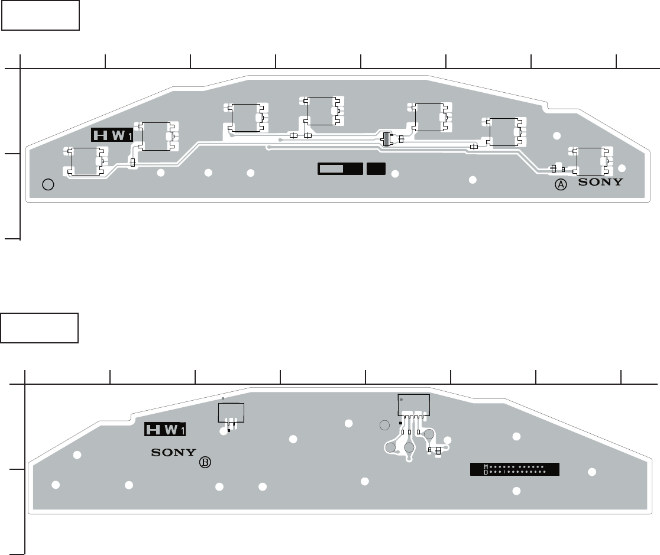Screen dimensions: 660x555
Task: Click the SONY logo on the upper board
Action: (600, 182)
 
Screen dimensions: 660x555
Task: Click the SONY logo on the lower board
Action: (173, 453)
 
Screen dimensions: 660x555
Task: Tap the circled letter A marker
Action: (560, 185)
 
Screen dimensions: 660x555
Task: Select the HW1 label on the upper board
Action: (112, 135)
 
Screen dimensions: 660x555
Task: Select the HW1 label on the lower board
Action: (166, 430)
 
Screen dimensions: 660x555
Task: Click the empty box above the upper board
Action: (40, 15)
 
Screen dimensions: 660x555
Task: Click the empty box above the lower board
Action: (40, 328)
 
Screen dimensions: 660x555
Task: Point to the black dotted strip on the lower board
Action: (515, 469)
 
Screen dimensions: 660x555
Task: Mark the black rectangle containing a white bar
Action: (340, 168)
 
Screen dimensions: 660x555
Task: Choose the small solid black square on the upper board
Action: (376, 168)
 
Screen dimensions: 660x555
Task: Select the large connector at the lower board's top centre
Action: (413, 405)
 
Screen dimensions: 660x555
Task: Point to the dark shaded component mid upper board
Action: (387, 139)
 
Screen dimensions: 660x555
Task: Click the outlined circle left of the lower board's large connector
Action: (384, 425)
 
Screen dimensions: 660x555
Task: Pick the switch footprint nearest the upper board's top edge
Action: (322, 111)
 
